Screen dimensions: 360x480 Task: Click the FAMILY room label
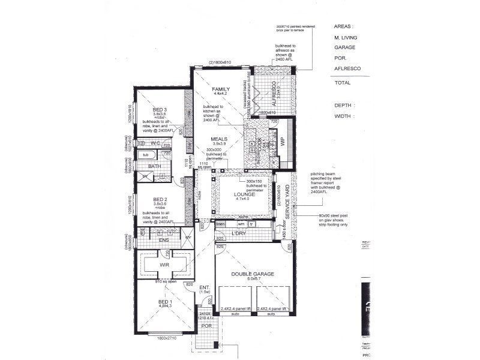221,89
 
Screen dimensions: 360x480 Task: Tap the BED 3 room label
159,109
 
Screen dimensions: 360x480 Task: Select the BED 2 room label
159,199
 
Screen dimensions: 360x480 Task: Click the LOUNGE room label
245,194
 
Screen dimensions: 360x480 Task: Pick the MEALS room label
218,138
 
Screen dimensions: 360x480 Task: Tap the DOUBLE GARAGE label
253,274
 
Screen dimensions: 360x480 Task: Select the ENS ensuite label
163,241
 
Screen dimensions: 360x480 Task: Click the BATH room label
154,166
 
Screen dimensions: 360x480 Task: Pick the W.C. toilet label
155,143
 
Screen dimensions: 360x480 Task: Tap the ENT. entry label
204,287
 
